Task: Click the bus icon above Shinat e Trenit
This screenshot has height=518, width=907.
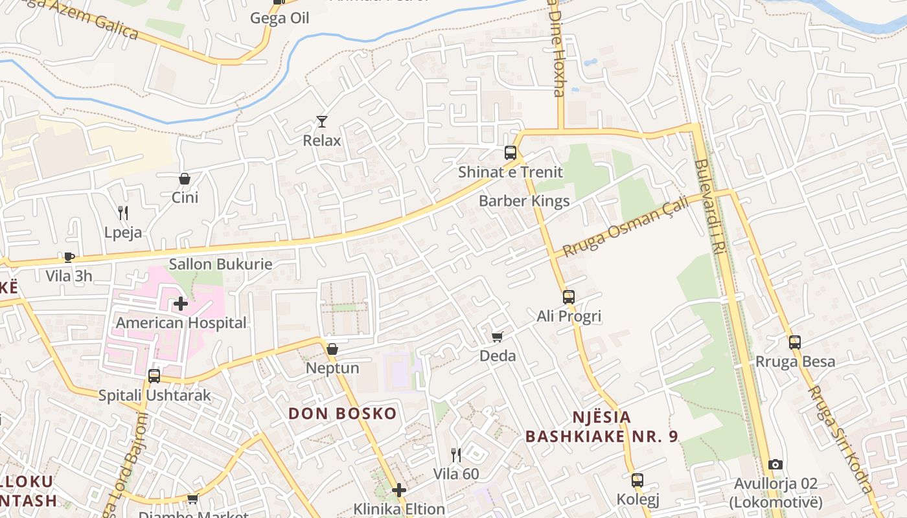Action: point(511,153)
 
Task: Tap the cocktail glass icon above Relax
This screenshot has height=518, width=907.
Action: point(321,121)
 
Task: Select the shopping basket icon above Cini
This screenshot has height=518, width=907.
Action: point(185,178)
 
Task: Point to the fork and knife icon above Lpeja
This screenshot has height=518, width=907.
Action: point(122,212)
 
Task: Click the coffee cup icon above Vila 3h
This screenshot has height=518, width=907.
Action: point(69,257)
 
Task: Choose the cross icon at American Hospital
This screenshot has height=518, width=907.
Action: point(181,303)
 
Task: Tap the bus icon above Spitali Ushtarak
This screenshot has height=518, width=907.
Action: point(154,376)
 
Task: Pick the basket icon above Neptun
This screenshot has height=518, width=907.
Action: point(332,349)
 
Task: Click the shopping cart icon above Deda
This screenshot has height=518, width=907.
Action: point(497,337)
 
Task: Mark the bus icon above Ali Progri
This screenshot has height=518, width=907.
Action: point(569,297)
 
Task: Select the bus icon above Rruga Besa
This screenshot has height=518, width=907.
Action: point(795,343)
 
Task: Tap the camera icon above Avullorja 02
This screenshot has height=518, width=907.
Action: point(775,464)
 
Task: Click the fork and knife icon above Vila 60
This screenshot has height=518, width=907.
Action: point(456,455)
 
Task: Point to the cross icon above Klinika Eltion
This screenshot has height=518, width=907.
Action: point(399,490)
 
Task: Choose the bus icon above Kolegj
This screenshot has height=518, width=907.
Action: point(637,480)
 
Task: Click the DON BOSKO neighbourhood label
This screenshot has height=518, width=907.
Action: point(342,413)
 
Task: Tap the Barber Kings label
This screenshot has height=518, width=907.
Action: point(524,201)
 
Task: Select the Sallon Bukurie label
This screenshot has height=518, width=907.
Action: point(220,264)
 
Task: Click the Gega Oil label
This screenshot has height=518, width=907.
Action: point(280,18)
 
